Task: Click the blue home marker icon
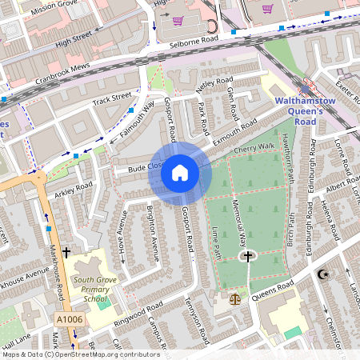coord(180,173)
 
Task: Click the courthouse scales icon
coord(234,298)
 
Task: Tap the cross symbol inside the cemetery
coord(248,257)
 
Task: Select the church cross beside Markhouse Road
coord(66,252)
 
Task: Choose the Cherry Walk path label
coord(254,148)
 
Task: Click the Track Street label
coord(111,99)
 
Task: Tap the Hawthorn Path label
coord(290,152)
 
